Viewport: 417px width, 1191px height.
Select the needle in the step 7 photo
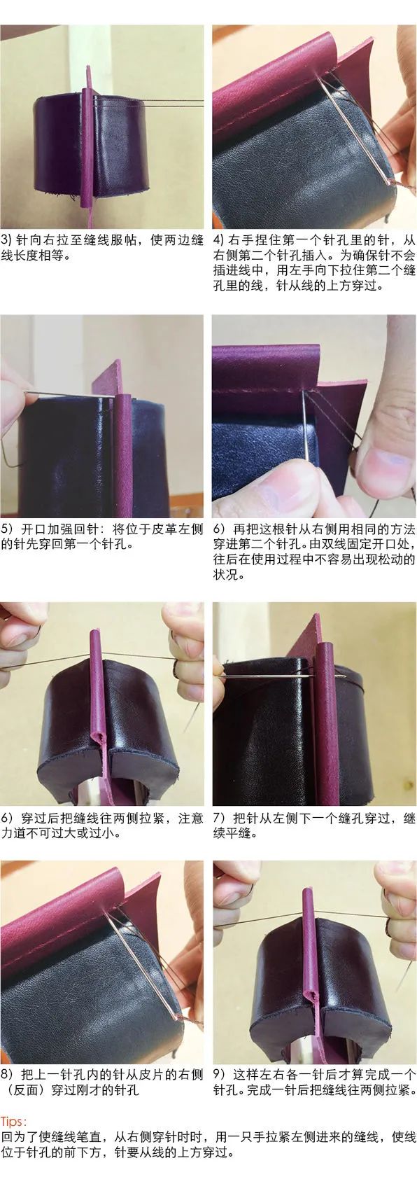(280, 677)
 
